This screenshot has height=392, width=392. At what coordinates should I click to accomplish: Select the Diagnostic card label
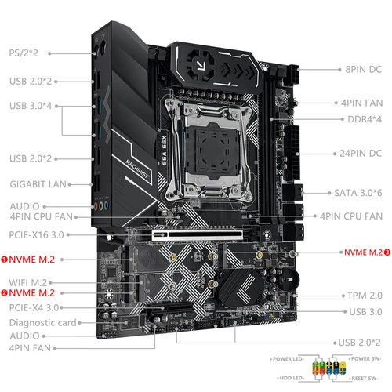[42, 322]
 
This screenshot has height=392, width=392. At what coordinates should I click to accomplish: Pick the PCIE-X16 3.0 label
[37, 234]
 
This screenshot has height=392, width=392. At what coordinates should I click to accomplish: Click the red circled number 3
[387, 252]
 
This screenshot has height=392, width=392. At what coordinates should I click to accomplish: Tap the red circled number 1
[4, 258]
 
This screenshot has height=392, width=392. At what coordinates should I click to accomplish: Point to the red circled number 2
[4, 293]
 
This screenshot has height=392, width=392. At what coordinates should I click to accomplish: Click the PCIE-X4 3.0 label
[36, 307]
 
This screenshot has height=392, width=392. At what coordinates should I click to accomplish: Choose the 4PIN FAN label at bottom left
[31, 347]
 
